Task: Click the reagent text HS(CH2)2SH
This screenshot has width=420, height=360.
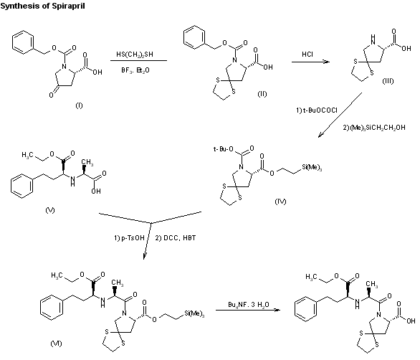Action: [138, 54]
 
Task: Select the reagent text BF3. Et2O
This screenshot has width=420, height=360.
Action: [138, 70]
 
